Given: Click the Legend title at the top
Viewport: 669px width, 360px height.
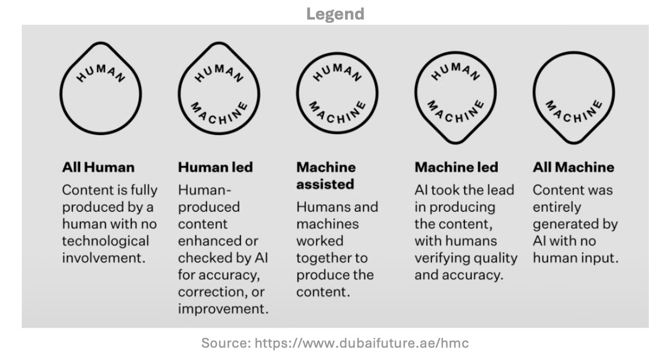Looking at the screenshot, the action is click(334, 13).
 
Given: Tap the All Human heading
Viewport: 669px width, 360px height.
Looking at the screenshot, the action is click(98, 167).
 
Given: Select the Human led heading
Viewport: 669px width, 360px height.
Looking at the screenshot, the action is click(215, 167).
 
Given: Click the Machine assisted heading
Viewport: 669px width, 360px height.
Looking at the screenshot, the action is click(326, 176).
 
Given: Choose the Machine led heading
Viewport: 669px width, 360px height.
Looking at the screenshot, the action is click(456, 167).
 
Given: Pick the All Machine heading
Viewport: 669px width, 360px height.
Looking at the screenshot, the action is click(573, 167).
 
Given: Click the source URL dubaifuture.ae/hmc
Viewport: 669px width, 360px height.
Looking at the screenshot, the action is click(361, 343).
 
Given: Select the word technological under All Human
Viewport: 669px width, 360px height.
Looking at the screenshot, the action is click(106, 241).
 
